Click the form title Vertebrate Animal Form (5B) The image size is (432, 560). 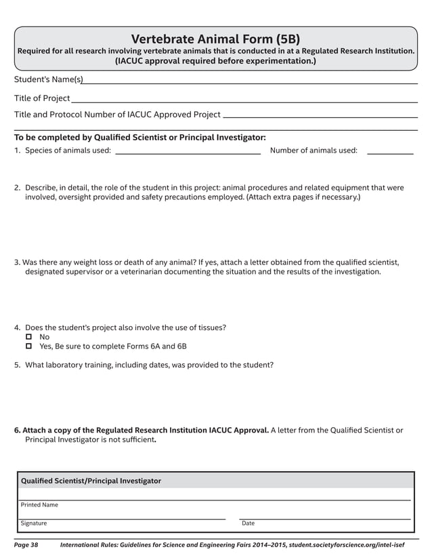pyautogui.click(x=215, y=39)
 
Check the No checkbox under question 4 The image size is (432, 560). pyautogui.click(x=29, y=337)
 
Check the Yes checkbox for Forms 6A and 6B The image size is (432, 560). pyautogui.click(x=29, y=346)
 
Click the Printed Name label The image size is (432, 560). pyautogui.click(x=39, y=505)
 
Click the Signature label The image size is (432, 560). pyautogui.click(x=34, y=523)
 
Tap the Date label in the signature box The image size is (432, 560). pyautogui.click(x=248, y=523)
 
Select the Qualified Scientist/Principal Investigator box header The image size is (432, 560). pyautogui.click(x=91, y=481)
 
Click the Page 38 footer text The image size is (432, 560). pyautogui.click(x=26, y=545)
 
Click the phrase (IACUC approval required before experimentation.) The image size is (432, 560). pyautogui.click(x=215, y=62)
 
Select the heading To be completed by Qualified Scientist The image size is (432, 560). pyautogui.click(x=140, y=137)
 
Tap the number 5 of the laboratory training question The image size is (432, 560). pyautogui.click(x=17, y=365)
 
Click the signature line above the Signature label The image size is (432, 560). pyautogui.click(x=122, y=518)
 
